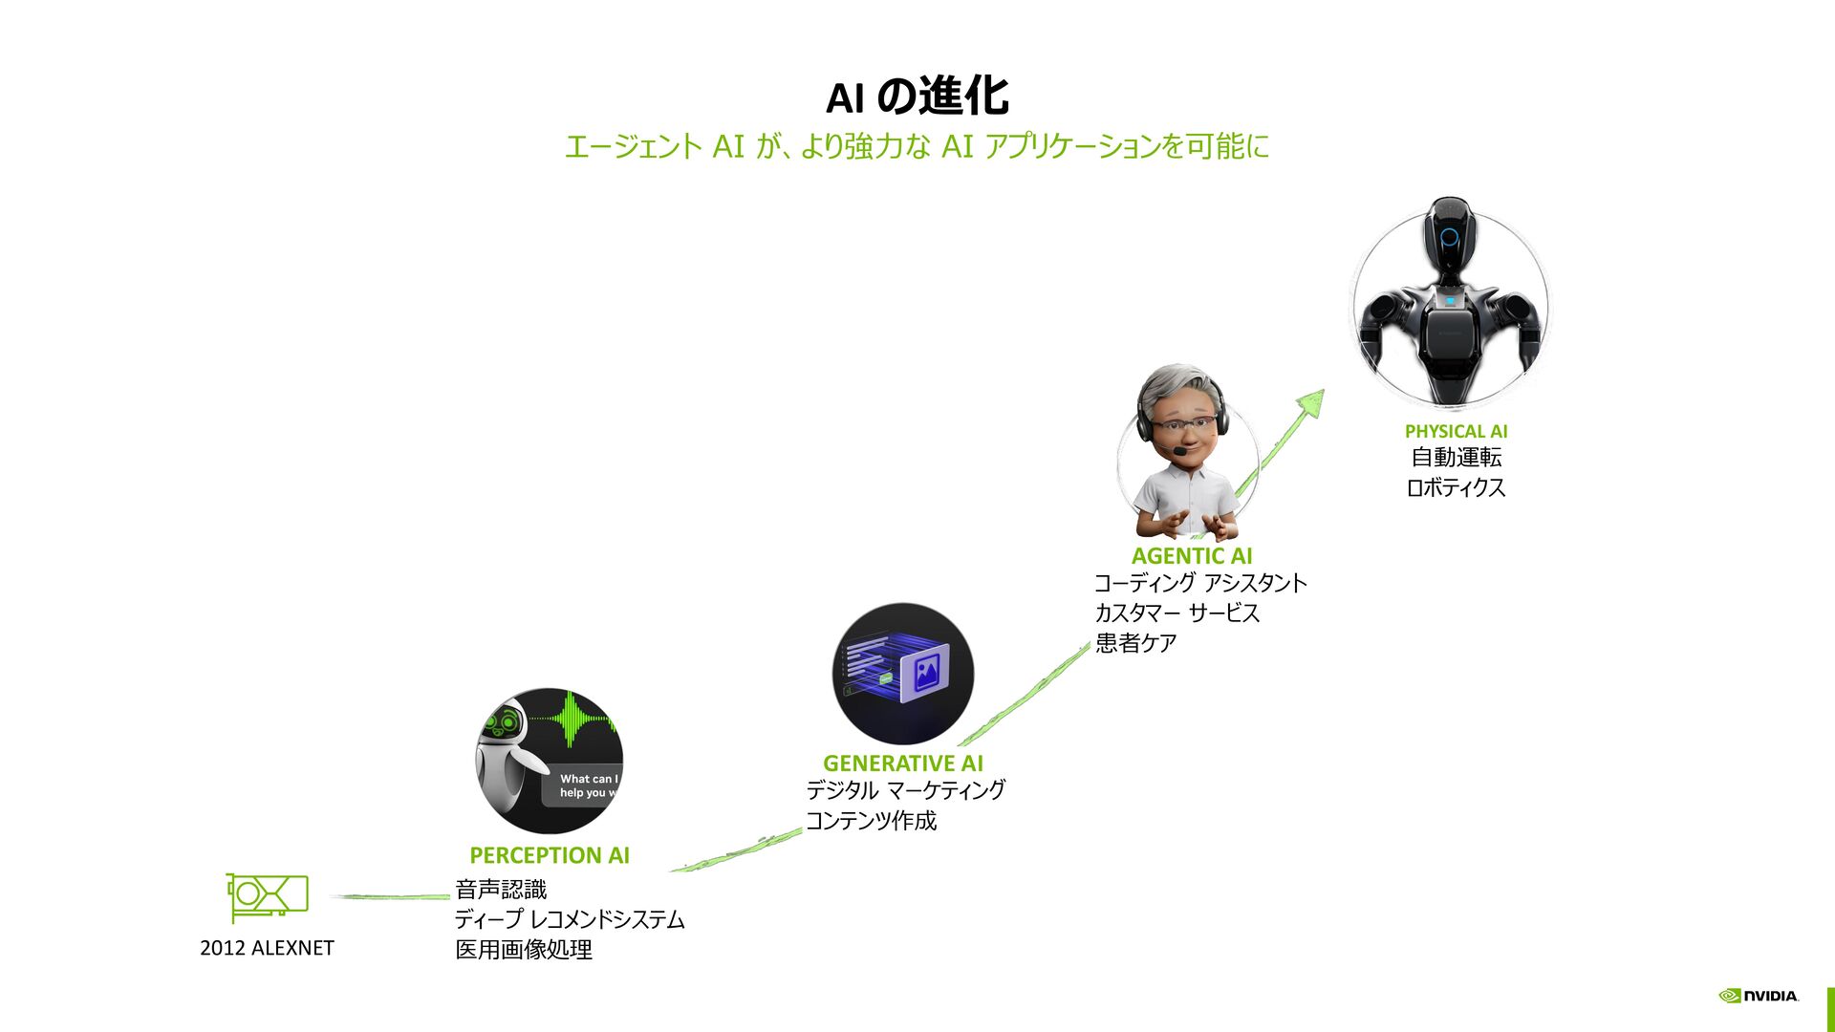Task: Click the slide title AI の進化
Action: coord(917,97)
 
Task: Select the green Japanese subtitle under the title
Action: coord(917,147)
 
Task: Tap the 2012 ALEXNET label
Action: coord(267,948)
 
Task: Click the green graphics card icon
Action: coord(268,896)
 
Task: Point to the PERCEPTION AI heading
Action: coord(550,855)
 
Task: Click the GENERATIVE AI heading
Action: coord(902,763)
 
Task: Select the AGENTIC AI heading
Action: coord(1192,556)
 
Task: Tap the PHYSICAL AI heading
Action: coord(1456,432)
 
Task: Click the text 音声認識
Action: coord(501,890)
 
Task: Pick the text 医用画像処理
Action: coord(524,950)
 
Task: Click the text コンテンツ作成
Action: coord(871,821)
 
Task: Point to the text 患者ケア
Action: coord(1135,643)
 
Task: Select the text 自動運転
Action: coord(1456,459)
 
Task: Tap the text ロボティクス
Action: coord(1456,488)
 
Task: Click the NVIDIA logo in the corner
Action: coord(1759,996)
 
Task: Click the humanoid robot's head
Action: coord(1449,233)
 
